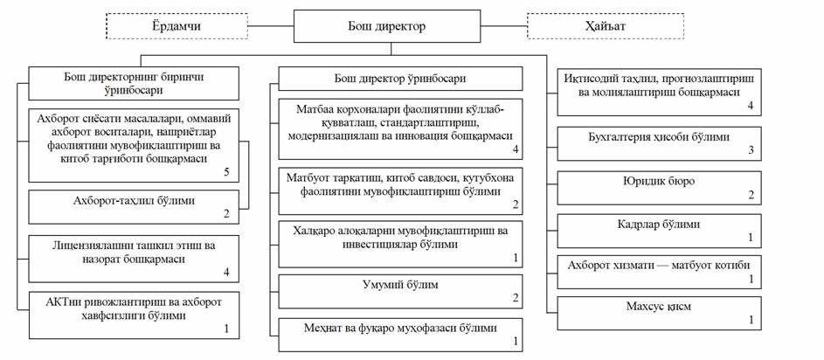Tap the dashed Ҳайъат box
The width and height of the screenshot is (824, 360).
pyautogui.click(x=587, y=26)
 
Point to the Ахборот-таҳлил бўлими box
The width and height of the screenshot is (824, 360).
pyautogui.click(x=134, y=205)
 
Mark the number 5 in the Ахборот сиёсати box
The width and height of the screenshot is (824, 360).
pyautogui.click(x=226, y=171)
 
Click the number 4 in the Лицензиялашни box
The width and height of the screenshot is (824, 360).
pyautogui.click(x=226, y=273)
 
